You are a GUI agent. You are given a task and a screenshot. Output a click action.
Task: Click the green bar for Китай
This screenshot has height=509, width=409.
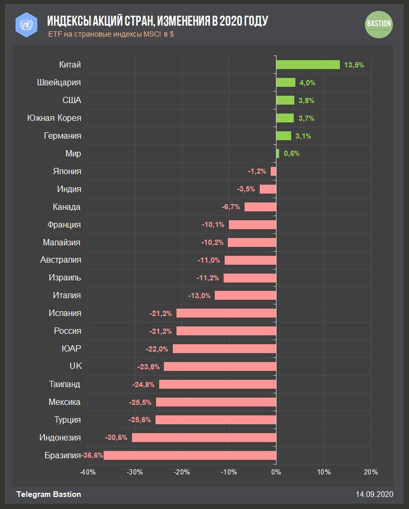[308, 64]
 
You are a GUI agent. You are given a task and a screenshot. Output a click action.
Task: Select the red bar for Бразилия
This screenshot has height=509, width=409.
[190, 455]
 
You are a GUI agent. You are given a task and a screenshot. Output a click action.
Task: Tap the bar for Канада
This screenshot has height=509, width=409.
[260, 207]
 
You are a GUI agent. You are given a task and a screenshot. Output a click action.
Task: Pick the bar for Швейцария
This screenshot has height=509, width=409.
[286, 82]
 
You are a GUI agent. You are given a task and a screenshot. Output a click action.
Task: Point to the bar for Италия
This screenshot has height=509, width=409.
[245, 296]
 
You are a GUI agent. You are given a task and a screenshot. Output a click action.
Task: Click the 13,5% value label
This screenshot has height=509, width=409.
[354, 65]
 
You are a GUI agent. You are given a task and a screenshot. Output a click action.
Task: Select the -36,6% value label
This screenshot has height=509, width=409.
[92, 456]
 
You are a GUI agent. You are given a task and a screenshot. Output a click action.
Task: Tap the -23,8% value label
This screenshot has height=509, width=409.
[149, 367]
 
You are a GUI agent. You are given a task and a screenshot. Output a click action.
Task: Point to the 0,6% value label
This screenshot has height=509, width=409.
[292, 154]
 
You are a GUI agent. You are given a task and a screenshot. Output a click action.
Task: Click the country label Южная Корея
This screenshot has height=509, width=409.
[54, 118]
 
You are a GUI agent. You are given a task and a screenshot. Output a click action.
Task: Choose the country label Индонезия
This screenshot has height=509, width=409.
[60, 437]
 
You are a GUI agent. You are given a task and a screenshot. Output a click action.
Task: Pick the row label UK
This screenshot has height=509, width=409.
[75, 366]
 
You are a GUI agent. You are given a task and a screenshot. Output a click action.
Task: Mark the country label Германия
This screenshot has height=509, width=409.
[63, 135]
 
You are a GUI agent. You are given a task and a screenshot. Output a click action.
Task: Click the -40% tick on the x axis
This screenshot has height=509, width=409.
[87, 472]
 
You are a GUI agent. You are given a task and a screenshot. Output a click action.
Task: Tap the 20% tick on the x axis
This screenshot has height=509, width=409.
[371, 472]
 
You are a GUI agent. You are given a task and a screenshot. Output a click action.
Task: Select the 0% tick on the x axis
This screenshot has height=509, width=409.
[276, 472]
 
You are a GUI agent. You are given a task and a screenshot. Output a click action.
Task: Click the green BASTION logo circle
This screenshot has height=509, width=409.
[379, 24]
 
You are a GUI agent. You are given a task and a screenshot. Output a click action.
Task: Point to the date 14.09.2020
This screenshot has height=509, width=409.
[374, 494]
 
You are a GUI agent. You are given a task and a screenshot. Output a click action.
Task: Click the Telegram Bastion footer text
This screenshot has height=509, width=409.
[49, 494]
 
